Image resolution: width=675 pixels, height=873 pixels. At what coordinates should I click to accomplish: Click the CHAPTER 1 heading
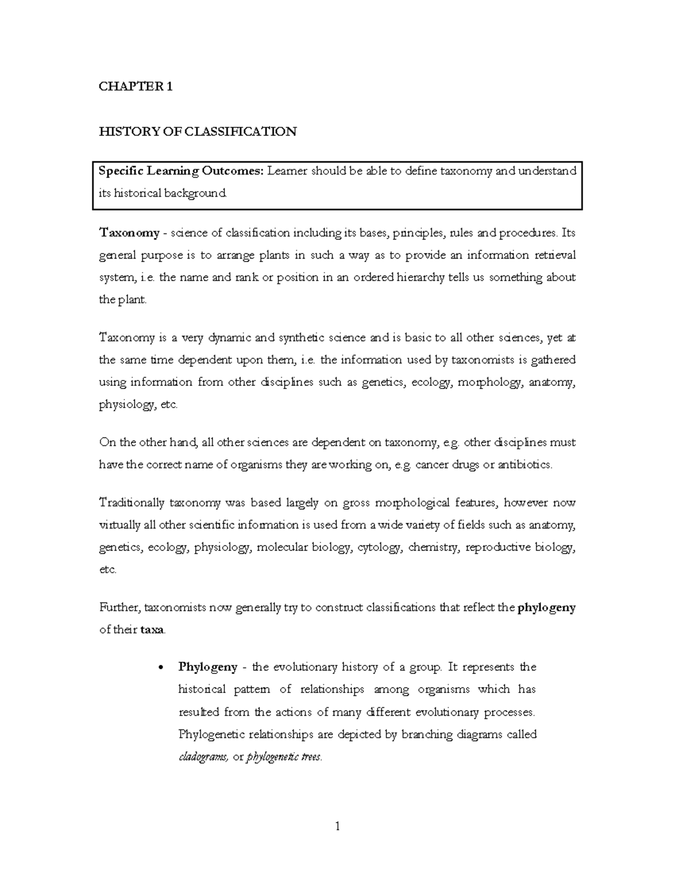pyautogui.click(x=136, y=87)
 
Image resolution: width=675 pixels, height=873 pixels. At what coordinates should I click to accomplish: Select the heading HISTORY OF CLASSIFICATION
pyautogui.click(x=197, y=132)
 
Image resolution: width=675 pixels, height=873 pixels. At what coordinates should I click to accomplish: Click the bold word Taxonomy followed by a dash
pyautogui.click(x=129, y=233)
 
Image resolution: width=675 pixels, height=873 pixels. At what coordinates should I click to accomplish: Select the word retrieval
pyautogui.click(x=554, y=255)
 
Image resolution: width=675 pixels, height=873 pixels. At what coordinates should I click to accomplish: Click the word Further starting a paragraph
pyautogui.click(x=120, y=607)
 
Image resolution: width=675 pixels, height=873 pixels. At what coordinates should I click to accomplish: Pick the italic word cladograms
pyautogui.click(x=203, y=757)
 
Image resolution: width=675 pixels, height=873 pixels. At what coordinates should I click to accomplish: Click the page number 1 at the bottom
pyautogui.click(x=337, y=826)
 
